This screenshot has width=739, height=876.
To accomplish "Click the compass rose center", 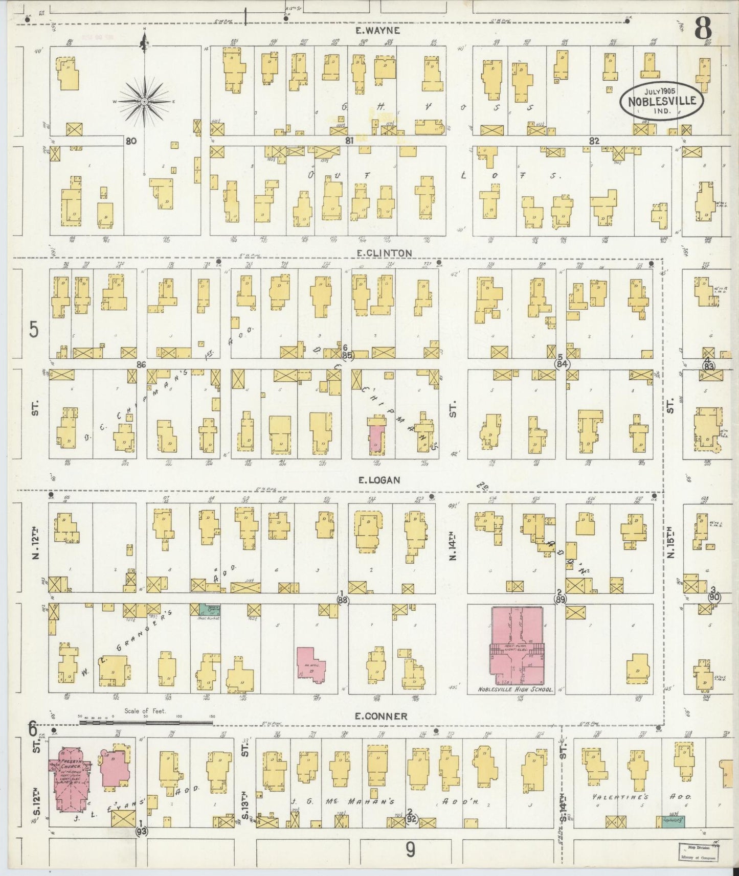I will [145, 102].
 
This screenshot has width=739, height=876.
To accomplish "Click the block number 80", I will [131, 141].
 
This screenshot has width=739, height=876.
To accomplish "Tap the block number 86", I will [142, 364].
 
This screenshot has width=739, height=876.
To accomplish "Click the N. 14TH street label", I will [453, 546].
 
